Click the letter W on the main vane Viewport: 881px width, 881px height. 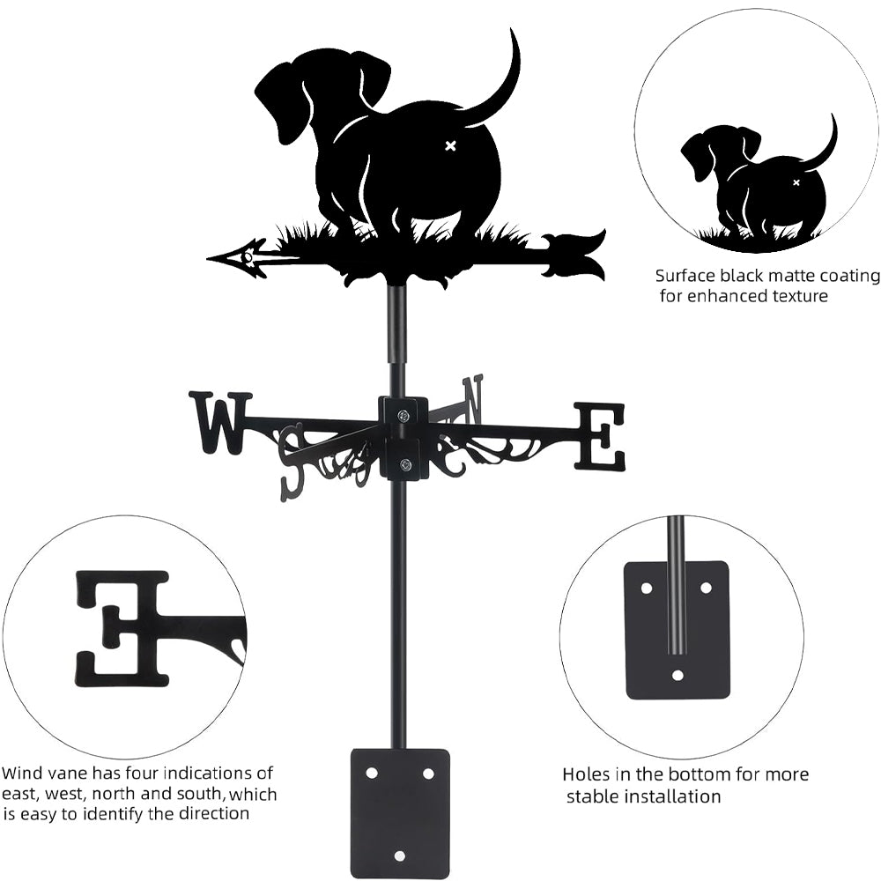point(219,422)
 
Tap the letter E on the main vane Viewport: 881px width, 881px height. point(600,435)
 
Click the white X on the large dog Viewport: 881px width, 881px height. point(450,145)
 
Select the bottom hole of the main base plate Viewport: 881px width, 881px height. point(400,855)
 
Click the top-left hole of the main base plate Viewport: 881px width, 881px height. point(371,773)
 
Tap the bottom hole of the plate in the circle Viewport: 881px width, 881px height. point(677,676)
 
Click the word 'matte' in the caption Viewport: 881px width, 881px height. point(790,276)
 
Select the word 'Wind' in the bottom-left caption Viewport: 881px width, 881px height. point(21,774)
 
